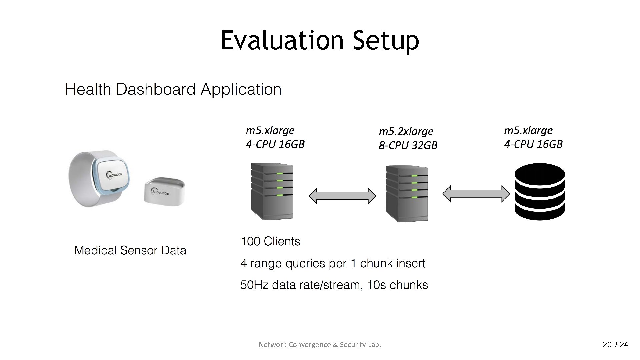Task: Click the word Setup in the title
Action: [386, 40]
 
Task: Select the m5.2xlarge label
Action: [406, 131]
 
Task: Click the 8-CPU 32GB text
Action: [408, 145]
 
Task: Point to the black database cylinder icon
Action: [540, 192]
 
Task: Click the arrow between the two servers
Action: [342, 196]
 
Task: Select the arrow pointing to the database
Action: [476, 194]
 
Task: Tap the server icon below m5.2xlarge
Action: [407, 194]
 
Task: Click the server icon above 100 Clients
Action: [272, 191]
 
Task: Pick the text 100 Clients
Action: [270, 241]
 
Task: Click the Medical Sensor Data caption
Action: [130, 250]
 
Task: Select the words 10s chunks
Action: [397, 285]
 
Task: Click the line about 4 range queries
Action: [333, 264]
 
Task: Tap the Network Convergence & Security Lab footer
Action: [320, 345]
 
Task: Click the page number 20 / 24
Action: [615, 345]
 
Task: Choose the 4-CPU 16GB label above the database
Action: [533, 144]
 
